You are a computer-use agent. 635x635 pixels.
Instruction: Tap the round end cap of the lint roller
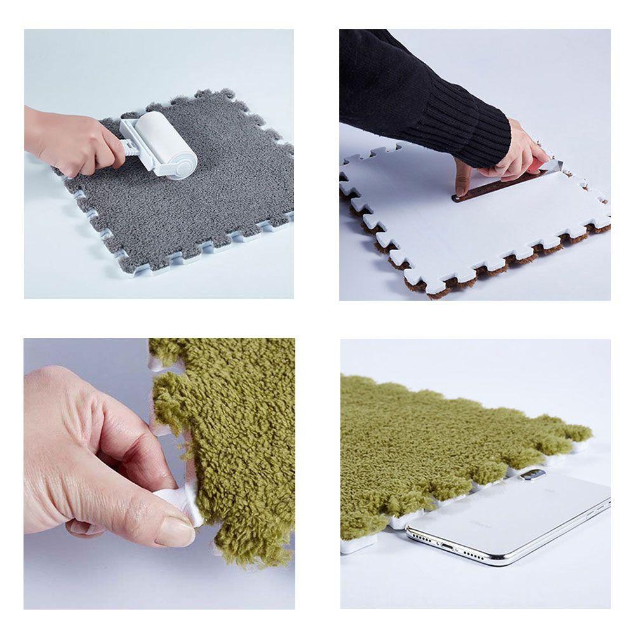point(184,166)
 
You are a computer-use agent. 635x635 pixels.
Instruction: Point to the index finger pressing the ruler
point(462,178)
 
